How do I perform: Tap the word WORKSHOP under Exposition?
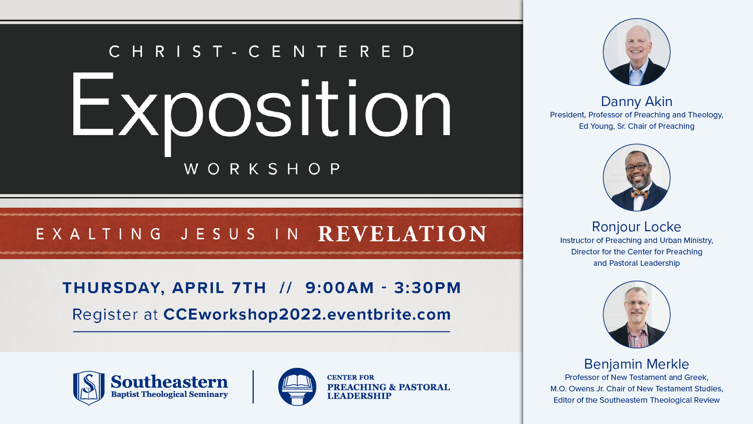(263, 169)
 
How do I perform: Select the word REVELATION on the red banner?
(402, 234)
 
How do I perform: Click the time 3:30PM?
(427, 288)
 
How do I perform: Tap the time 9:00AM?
(339, 288)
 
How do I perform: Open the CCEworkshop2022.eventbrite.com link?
(307, 314)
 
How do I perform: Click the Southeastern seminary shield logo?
(89, 388)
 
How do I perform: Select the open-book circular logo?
(297, 387)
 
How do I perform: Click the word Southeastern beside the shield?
(170, 382)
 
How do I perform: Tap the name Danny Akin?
(637, 101)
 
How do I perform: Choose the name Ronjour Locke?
(637, 227)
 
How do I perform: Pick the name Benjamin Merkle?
(637, 364)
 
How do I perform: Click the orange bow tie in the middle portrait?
(640, 194)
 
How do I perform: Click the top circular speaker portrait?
(637, 52)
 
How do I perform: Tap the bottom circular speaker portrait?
(637, 314)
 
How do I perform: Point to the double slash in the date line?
(286, 288)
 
